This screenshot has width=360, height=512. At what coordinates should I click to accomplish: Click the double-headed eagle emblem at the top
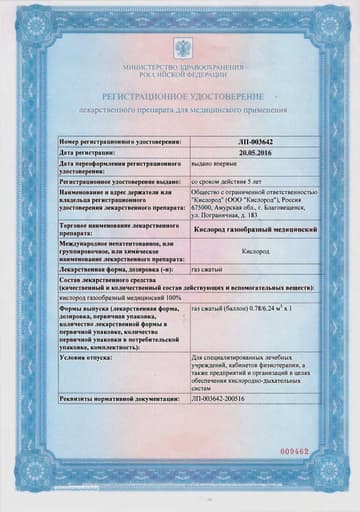point(181,47)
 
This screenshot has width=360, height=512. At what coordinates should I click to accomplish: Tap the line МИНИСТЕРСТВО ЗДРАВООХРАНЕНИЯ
point(181,65)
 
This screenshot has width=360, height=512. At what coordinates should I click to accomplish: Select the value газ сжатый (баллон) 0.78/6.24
point(240,310)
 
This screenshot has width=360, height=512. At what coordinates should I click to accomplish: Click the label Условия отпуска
point(91,355)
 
